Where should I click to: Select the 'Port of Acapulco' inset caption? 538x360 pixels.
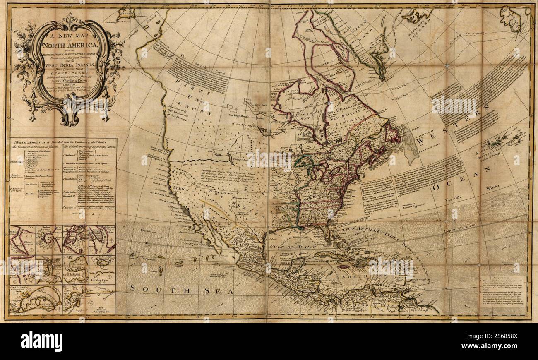(102, 309)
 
